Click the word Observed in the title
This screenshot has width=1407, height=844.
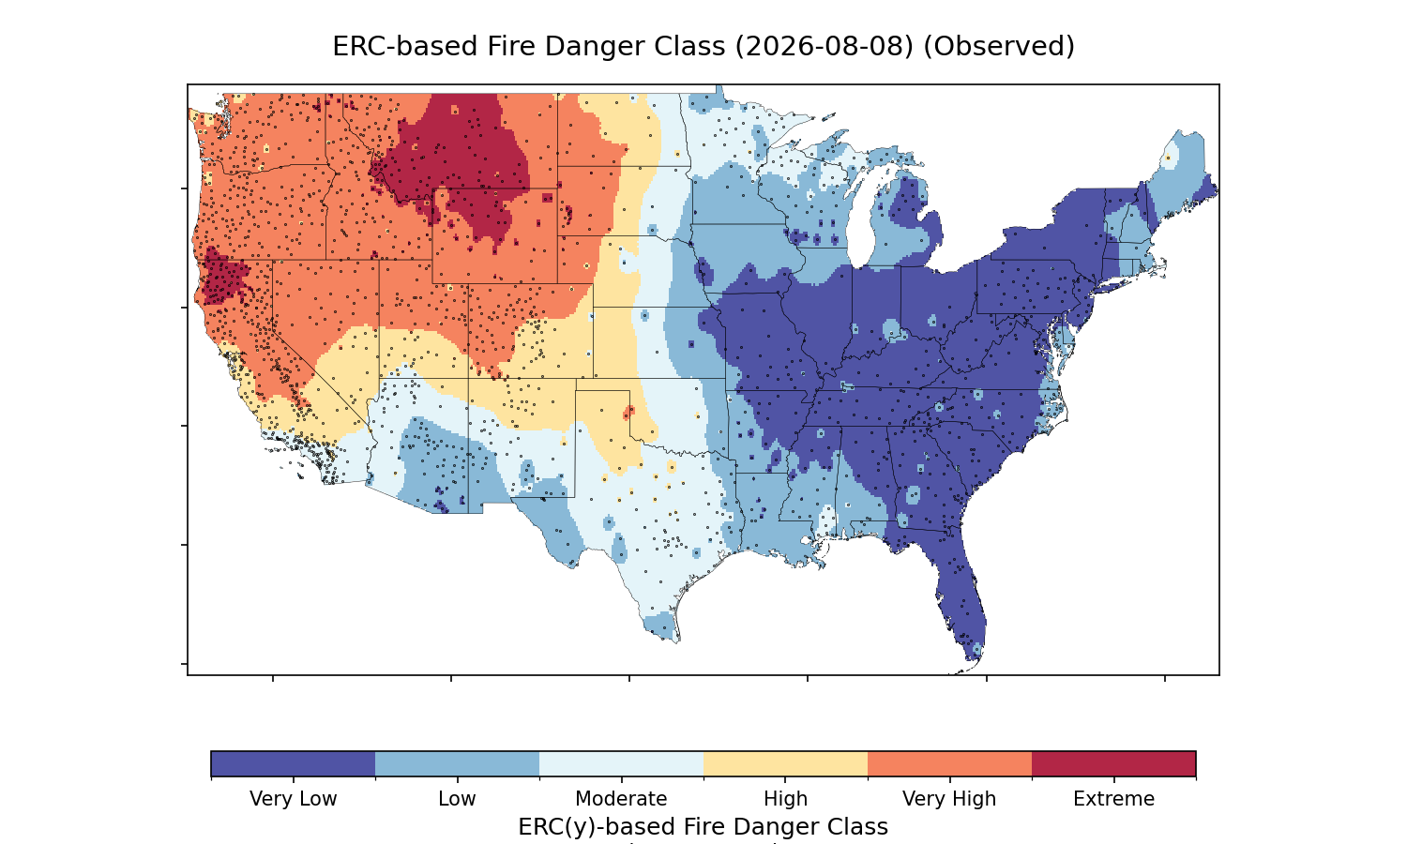click(999, 47)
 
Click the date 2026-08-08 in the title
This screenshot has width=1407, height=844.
click(825, 47)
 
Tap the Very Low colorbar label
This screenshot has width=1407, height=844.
click(294, 799)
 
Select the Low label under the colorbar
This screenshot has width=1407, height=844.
click(458, 799)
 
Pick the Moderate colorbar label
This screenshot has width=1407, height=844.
click(621, 799)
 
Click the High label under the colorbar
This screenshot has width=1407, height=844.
click(786, 799)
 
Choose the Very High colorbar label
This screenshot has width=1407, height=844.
click(949, 799)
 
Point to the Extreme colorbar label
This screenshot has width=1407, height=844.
click(1113, 799)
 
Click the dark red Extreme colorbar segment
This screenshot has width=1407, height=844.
click(1113, 763)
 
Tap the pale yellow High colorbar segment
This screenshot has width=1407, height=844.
click(786, 763)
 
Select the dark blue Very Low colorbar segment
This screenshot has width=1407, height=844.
click(294, 763)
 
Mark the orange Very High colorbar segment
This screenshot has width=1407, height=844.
click(949, 763)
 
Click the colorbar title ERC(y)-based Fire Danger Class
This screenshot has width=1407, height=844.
click(703, 826)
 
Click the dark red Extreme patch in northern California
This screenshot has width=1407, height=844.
click(223, 278)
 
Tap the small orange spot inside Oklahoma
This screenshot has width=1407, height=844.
click(628, 413)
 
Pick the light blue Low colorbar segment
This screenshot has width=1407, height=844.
click(458, 763)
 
